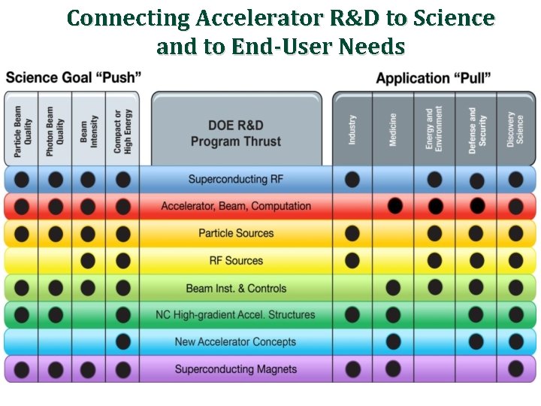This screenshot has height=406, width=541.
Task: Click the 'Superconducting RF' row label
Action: (228, 179)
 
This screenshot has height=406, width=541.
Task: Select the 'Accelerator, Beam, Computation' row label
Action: (236, 206)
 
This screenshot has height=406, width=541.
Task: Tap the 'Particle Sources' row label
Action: (236, 233)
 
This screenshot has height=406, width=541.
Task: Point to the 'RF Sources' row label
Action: (236, 261)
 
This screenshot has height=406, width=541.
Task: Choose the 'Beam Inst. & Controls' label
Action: (236, 288)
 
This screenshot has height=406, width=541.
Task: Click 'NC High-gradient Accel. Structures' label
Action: (235, 315)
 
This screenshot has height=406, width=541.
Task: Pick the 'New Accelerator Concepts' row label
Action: (235, 342)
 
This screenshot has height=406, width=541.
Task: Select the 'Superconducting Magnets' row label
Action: (236, 369)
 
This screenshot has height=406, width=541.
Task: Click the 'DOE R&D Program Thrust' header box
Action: (236, 133)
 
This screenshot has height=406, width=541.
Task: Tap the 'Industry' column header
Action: (352, 130)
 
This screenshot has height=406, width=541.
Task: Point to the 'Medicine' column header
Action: (393, 130)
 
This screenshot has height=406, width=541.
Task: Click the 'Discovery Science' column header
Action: (515, 129)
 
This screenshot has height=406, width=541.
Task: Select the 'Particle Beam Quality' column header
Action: (22, 132)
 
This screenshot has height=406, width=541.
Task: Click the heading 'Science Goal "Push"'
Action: (74, 77)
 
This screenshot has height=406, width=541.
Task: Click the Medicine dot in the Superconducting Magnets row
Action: (393, 368)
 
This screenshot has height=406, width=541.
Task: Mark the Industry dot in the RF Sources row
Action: (352, 261)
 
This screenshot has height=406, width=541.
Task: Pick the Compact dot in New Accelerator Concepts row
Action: (122, 342)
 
